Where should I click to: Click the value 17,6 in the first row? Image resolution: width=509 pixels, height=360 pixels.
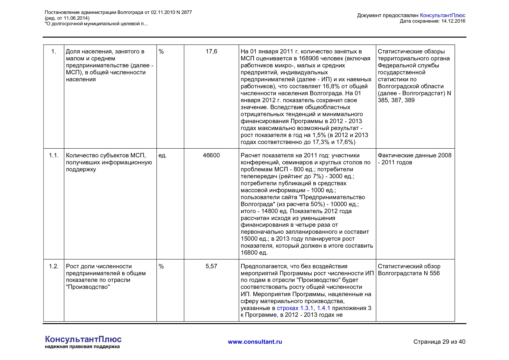point(211,51)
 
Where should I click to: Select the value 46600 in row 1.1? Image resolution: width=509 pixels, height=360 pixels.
point(211,155)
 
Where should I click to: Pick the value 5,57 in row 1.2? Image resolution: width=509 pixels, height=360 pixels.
point(211,266)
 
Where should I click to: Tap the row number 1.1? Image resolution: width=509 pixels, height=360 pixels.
point(54,155)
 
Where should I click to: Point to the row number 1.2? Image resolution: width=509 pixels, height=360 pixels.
point(54,266)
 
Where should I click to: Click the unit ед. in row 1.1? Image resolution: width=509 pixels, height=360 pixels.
point(163,155)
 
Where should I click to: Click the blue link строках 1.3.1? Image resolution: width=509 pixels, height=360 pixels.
point(295,308)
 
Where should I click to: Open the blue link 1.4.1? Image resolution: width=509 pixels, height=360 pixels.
point(323,308)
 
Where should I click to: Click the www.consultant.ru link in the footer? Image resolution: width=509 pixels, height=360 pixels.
point(255,342)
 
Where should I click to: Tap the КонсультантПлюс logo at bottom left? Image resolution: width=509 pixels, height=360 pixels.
point(83,339)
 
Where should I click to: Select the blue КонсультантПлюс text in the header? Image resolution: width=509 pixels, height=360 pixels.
point(442,15)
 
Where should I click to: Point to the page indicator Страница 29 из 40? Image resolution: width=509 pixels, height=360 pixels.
point(439,342)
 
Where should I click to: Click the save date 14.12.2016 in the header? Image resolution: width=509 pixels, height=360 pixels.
point(453,21)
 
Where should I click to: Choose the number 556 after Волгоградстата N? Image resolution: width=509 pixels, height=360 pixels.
point(434,273)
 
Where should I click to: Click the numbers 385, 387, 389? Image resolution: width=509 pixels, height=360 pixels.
point(396,100)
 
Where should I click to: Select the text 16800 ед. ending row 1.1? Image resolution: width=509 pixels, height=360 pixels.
point(254,253)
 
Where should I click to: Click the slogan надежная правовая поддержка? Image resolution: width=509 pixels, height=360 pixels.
point(82,347)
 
